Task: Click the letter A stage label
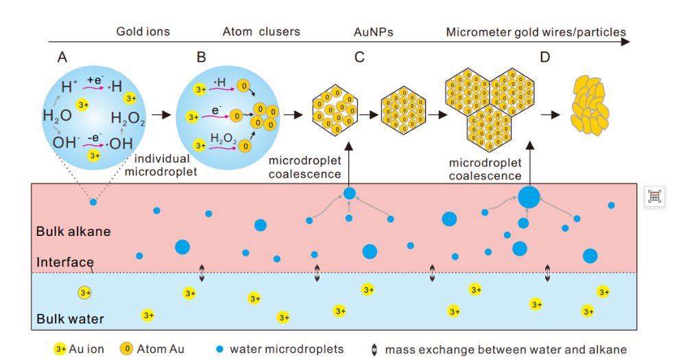[62, 57]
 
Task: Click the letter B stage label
[201, 57]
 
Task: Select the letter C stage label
[359, 57]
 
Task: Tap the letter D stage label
[544, 57]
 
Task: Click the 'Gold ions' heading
[143, 32]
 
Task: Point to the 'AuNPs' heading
[374, 32]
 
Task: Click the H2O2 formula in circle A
[128, 119]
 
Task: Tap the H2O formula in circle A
[57, 115]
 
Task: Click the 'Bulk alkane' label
[73, 231]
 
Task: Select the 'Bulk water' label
[70, 319]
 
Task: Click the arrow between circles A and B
[160, 115]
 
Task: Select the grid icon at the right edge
[654, 197]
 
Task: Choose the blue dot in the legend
[219, 349]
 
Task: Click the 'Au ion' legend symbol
[60, 349]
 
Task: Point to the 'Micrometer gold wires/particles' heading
[536, 32]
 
